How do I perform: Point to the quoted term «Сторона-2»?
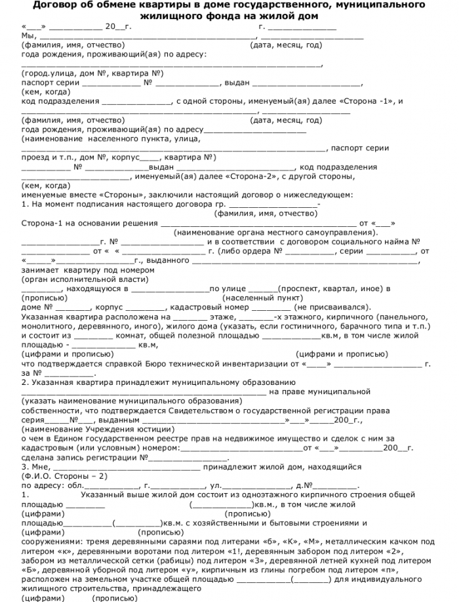pyautogui.click(x=251, y=176)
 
